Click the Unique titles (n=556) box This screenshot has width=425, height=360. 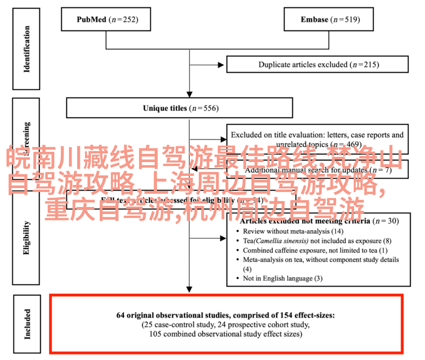point(179,108)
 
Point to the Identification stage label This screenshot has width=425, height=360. point(26,49)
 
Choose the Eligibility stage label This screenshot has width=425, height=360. point(26,238)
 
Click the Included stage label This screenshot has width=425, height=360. point(26,324)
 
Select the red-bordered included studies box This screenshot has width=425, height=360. point(226,324)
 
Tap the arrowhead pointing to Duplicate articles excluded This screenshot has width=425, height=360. point(223,65)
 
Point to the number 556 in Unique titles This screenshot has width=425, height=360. point(210,108)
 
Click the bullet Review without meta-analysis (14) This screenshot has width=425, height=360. point(293,231)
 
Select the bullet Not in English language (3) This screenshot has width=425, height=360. point(283,278)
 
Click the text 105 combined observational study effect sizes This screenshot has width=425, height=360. point(225,334)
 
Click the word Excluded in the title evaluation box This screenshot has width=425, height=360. point(245,135)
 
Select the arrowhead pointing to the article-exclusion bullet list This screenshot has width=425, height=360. point(223,238)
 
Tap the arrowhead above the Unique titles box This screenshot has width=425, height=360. point(190,94)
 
